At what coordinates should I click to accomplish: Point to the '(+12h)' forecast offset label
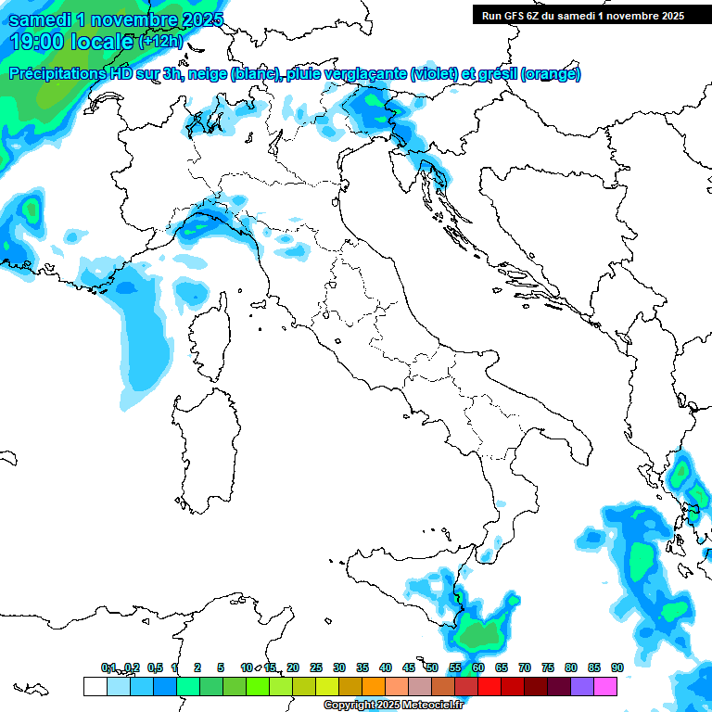159,42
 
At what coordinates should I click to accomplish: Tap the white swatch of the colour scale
95,686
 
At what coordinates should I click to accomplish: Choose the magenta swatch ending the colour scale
605,686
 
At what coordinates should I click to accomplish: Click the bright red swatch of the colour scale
489,686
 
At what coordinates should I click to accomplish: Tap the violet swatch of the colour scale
582,686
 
